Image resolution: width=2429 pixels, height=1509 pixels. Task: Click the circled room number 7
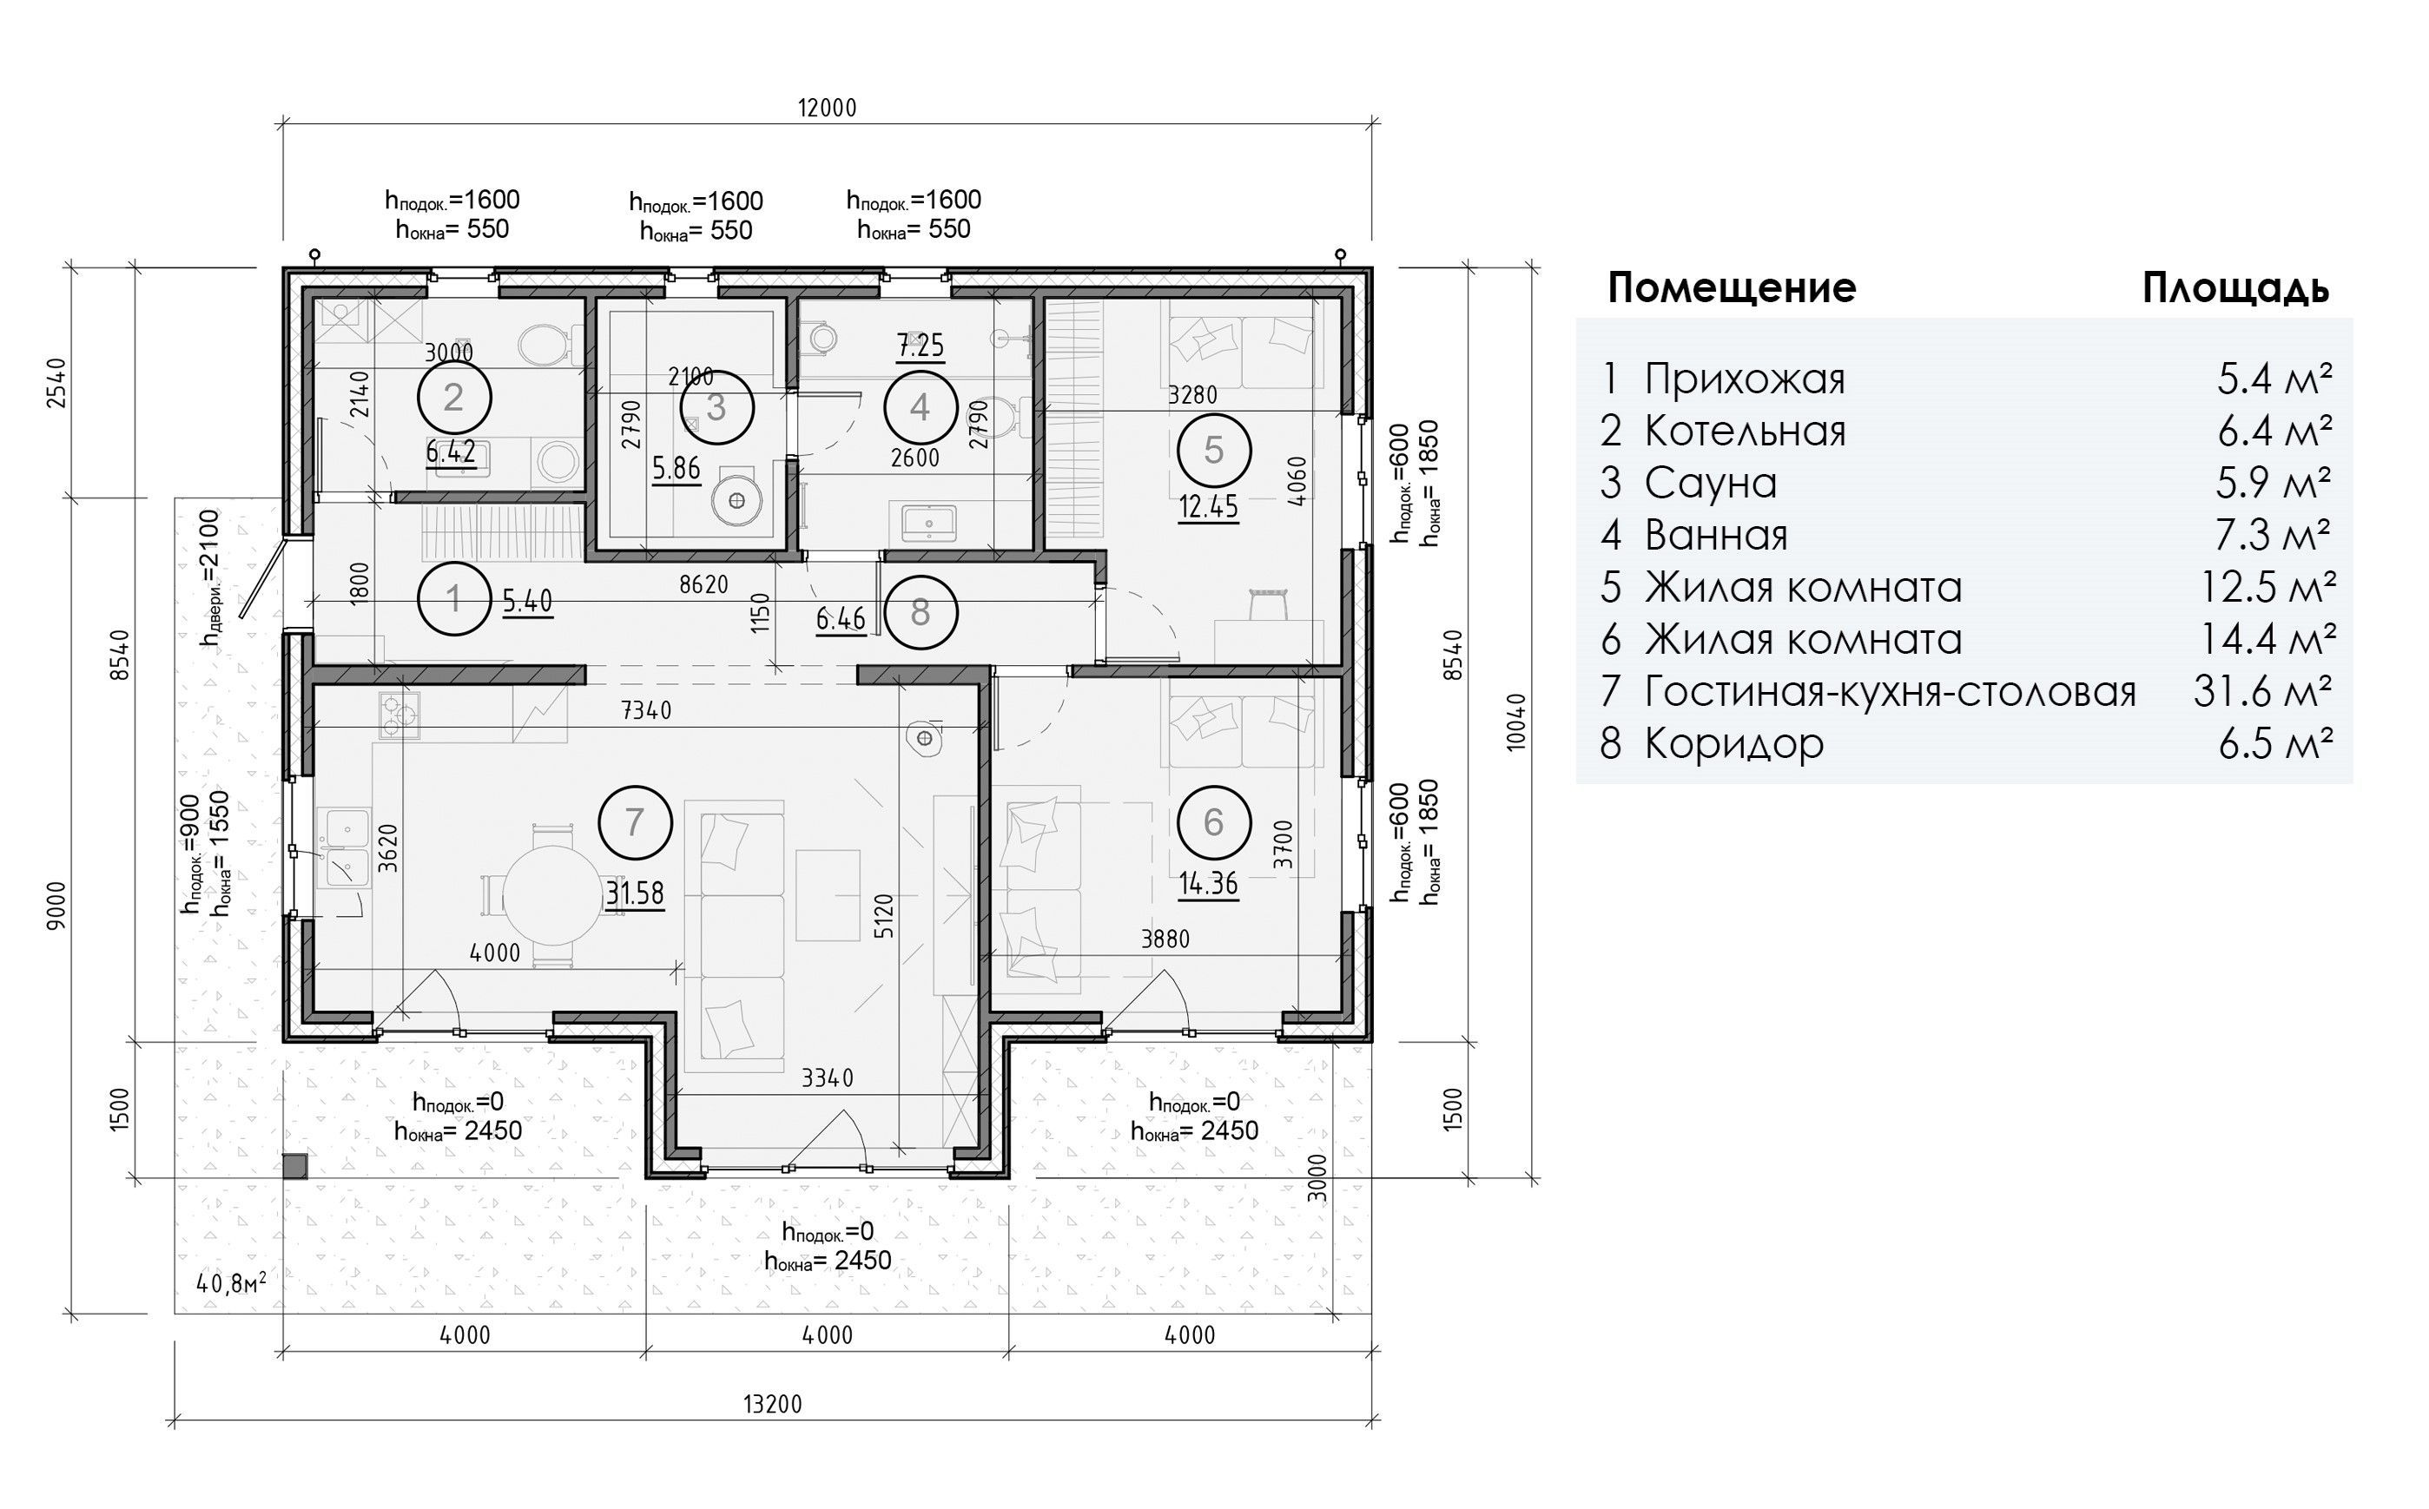point(635,822)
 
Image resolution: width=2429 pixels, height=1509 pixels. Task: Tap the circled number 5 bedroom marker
point(1213,450)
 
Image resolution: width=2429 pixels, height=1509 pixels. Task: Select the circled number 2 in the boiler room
point(454,397)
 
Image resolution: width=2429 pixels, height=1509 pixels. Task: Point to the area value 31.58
point(635,893)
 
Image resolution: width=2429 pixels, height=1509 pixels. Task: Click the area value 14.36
point(1209,883)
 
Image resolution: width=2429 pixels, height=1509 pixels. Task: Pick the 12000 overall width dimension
point(828,108)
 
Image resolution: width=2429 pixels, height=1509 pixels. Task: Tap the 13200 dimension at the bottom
point(772,1404)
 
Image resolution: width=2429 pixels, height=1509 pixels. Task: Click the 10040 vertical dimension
point(1517,722)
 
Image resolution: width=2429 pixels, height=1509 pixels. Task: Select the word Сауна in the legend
point(1711,483)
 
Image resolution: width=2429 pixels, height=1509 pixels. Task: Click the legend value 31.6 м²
point(2262,690)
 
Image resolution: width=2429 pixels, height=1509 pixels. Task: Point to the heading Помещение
point(1732,287)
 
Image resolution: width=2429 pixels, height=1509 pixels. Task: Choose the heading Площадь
point(2235,288)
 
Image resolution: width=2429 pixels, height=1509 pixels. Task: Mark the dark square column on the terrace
point(294,1167)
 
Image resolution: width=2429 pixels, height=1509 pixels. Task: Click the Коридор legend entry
point(1733,743)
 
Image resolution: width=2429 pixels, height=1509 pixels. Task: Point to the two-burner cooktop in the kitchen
point(399,715)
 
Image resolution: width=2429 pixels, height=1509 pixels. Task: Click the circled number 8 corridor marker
point(921,613)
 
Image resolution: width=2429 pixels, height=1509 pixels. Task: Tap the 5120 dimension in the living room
point(884,916)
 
